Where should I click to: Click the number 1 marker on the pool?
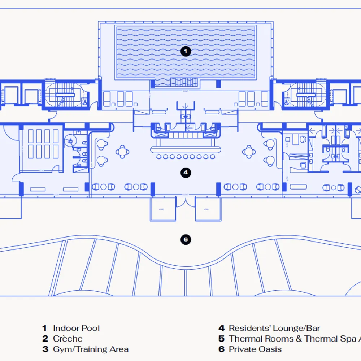186,52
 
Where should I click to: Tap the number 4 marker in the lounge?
186,173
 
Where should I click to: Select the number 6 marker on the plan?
186,240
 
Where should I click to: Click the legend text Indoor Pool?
76,328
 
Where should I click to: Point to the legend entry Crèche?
68,339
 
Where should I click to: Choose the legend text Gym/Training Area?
91,349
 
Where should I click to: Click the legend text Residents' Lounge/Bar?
274,328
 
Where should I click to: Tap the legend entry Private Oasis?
255,349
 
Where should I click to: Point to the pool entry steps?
184,82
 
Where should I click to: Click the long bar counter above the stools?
186,149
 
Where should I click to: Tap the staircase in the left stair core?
65,95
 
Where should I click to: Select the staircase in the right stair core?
306,95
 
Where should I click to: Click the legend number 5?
222,339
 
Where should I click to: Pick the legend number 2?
45,339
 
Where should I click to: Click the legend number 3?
45,349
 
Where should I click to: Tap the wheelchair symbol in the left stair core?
84,102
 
